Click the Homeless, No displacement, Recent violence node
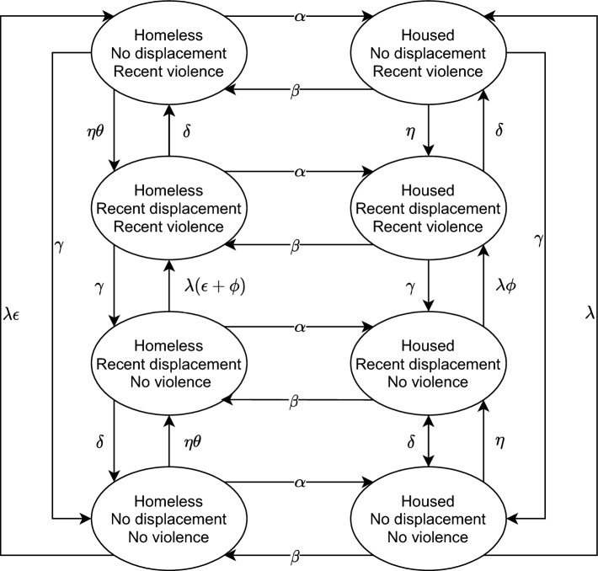(x=173, y=55)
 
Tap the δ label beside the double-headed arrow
(x=413, y=440)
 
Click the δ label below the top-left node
(x=188, y=132)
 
